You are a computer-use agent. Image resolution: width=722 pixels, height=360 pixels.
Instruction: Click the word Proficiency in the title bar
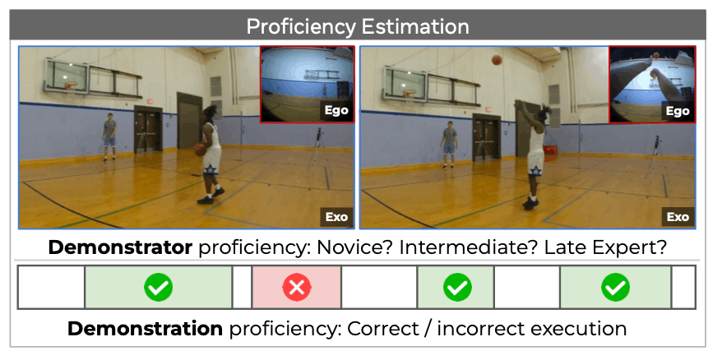(300, 26)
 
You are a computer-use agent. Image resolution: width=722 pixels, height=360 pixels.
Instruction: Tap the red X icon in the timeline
(297, 288)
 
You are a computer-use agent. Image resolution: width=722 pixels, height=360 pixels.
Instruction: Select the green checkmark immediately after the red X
(457, 288)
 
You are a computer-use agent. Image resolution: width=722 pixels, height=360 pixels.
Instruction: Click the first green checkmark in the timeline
(159, 288)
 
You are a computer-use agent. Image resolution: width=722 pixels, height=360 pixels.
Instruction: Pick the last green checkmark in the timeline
(616, 288)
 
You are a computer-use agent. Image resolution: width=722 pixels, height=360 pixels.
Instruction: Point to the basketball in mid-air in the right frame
(497, 60)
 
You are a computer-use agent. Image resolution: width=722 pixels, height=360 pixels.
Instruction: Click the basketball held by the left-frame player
(199, 150)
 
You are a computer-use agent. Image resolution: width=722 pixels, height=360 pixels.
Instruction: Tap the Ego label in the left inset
(336, 111)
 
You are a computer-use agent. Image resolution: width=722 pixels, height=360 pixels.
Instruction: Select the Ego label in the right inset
(678, 111)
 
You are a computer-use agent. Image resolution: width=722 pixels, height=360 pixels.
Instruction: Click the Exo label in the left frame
(336, 217)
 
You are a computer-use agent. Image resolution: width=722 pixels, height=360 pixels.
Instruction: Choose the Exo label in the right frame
(678, 217)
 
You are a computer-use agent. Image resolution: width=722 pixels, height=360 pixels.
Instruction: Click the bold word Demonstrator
(120, 247)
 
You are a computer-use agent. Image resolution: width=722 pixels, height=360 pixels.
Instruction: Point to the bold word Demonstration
(145, 329)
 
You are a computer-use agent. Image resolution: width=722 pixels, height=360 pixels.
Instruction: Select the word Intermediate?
(470, 247)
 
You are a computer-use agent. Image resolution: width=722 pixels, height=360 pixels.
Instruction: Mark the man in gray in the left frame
(109, 137)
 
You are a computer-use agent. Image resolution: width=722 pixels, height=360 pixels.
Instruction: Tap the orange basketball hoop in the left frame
(70, 85)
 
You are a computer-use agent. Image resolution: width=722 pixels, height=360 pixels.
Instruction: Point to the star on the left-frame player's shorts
(211, 169)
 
